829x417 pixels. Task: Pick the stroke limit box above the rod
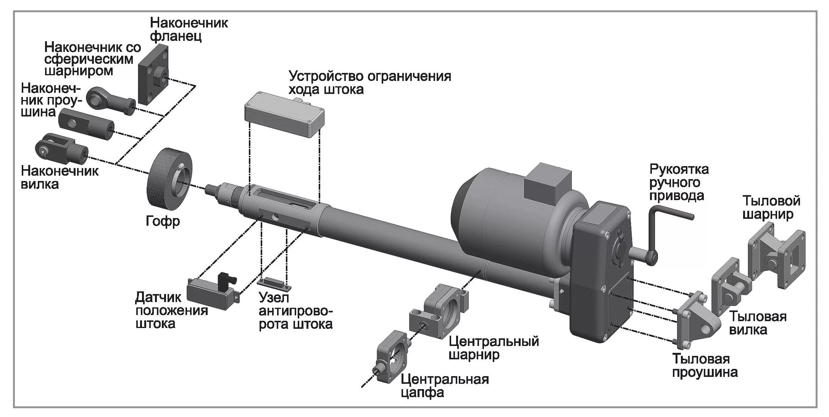(284, 115)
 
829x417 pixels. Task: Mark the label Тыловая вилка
(758, 323)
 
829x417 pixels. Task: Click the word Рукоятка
(679, 169)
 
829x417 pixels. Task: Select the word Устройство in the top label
(326, 76)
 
